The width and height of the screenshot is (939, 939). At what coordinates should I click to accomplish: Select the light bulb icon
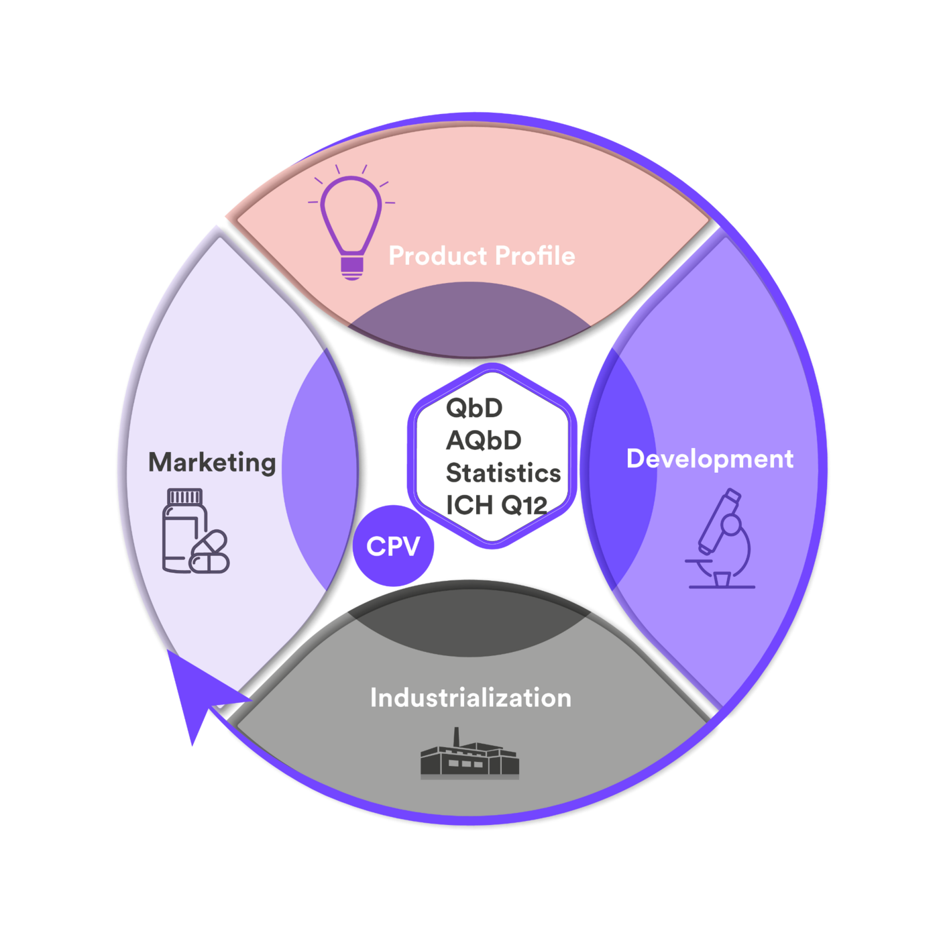pyautogui.click(x=351, y=221)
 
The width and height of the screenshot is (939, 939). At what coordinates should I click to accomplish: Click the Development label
pyautogui.click(x=710, y=459)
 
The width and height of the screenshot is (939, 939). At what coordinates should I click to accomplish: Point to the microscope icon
pyautogui.click(x=722, y=540)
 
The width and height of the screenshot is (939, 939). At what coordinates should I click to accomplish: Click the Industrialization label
pyautogui.click(x=470, y=698)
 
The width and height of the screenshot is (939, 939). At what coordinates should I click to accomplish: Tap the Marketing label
pyautogui.click(x=212, y=462)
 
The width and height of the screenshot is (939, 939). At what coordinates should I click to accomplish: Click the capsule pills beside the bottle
pyautogui.click(x=210, y=553)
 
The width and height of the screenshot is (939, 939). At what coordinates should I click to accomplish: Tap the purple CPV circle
pyautogui.click(x=394, y=546)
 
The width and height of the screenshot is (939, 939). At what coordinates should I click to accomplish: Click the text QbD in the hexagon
pyautogui.click(x=474, y=408)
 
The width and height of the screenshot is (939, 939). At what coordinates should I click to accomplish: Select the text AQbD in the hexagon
pyautogui.click(x=484, y=441)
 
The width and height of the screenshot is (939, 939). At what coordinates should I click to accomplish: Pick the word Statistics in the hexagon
pyautogui.click(x=503, y=473)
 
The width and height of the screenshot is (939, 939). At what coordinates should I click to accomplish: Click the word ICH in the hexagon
pyautogui.click(x=469, y=506)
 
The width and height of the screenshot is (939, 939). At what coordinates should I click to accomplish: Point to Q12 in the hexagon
pyautogui.click(x=524, y=506)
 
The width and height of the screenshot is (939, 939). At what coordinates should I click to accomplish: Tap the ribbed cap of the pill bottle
pyautogui.click(x=184, y=496)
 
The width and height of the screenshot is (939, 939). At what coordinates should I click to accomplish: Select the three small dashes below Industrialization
pyautogui.click(x=465, y=763)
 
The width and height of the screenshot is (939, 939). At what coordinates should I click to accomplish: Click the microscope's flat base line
pyautogui.click(x=722, y=587)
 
